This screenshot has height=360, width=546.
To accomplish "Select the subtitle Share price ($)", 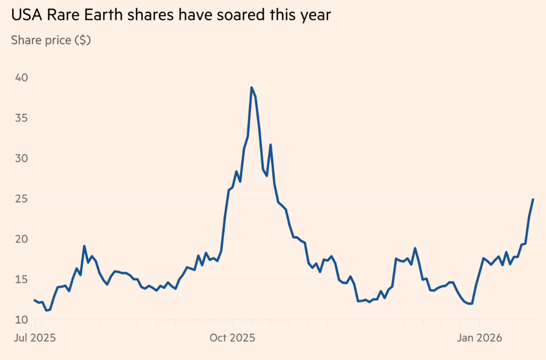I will click(51, 40).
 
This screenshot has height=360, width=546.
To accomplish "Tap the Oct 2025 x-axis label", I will click(232, 338).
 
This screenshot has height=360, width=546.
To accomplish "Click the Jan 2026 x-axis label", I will click(480, 338).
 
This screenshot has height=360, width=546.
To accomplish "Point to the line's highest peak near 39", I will click(251, 88).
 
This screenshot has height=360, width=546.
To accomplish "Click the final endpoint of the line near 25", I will click(533, 199).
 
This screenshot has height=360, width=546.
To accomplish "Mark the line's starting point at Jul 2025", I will click(34, 300).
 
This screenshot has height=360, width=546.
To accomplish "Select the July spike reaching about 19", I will click(84, 246).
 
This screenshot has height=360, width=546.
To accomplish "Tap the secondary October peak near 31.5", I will click(270, 145).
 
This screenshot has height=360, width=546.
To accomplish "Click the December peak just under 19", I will click(415, 248).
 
